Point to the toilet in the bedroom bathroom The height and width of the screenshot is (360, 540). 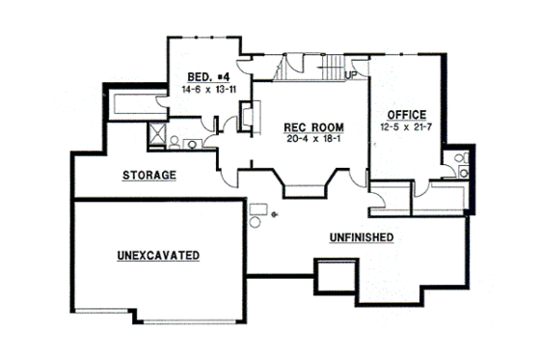[175, 141]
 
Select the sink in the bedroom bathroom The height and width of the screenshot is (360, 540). [193, 145]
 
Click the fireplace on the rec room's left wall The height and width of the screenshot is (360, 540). [247, 117]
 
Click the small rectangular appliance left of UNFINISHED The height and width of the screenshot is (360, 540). [258, 209]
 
